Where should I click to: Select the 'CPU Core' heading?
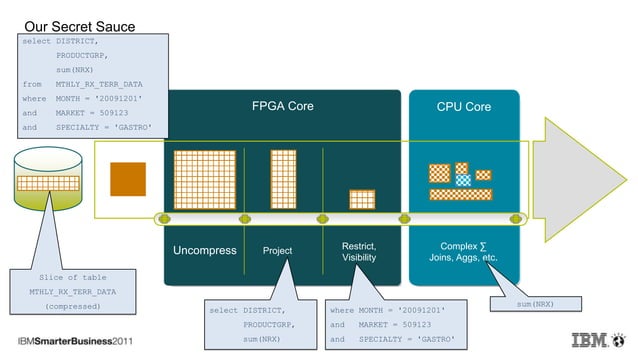click(x=463, y=106)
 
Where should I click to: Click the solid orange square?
click(x=127, y=178)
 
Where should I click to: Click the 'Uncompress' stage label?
click(x=204, y=250)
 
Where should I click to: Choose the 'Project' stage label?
click(x=277, y=250)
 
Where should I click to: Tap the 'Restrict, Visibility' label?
click(x=359, y=251)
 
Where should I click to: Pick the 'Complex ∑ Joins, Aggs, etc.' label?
click(x=463, y=251)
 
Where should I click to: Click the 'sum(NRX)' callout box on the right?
click(x=528, y=303)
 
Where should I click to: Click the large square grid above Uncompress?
click(x=204, y=179)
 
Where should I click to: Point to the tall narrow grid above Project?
click(x=283, y=179)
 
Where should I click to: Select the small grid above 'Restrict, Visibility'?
click(x=361, y=199)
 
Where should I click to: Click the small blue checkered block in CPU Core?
click(x=463, y=180)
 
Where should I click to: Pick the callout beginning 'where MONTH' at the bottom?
click(x=394, y=324)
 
